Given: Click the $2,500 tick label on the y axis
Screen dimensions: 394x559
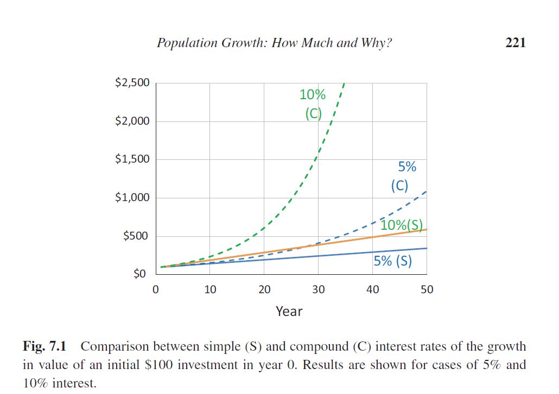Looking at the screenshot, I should [x=132, y=83].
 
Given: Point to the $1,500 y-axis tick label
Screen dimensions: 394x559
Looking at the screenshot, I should [x=132, y=159].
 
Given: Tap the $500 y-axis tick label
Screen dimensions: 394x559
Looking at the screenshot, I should [x=136, y=236].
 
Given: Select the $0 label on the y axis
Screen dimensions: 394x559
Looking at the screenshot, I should [x=141, y=274].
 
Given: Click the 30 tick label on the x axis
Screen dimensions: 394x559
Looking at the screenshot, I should [x=319, y=289].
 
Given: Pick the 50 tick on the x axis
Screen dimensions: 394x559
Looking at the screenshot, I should [x=427, y=289].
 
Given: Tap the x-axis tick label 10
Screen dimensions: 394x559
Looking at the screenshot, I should [x=210, y=289].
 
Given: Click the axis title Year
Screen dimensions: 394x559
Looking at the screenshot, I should [x=289, y=311].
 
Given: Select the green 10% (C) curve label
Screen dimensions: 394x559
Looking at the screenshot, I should [x=313, y=104].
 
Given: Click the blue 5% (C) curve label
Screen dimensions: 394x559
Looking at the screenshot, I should [x=400, y=176].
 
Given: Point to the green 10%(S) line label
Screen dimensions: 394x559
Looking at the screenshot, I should [x=402, y=224].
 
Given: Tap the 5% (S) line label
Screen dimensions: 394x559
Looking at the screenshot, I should [x=393, y=261].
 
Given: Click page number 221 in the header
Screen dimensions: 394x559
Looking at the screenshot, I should [x=515, y=43].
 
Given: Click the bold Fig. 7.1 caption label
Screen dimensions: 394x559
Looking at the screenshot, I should [x=48, y=346].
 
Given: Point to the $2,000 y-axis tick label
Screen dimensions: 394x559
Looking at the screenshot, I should [x=132, y=121].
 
